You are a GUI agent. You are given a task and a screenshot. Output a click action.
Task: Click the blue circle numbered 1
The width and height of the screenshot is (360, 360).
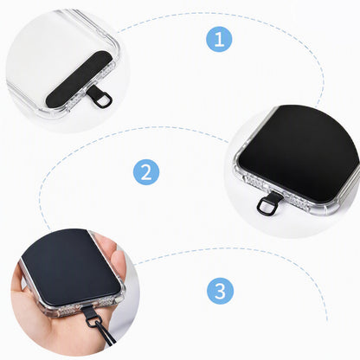pos(219,39)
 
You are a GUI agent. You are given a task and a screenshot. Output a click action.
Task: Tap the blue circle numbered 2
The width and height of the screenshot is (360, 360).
pos(146,172)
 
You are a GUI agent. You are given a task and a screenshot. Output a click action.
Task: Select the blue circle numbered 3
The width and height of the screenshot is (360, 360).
pos(220,291)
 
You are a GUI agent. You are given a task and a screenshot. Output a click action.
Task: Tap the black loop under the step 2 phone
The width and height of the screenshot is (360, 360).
pos(265,206)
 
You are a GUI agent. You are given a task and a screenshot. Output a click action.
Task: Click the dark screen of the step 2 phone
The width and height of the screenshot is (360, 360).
pos(300,153)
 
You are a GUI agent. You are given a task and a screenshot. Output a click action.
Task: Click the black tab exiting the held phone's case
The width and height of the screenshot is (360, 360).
pos(87,310)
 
